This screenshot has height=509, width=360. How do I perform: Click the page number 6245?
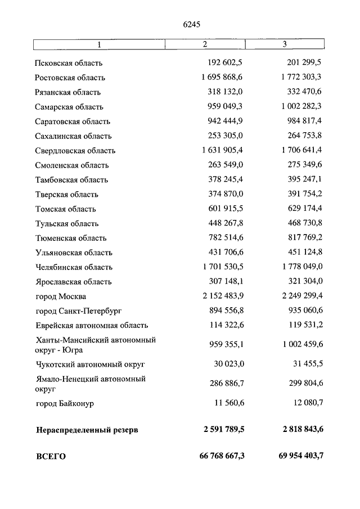192,24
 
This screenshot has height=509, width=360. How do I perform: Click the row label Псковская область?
68,63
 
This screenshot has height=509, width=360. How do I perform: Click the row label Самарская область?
69,107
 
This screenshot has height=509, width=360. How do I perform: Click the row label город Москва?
60,296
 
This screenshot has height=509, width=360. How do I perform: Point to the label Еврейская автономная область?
91,326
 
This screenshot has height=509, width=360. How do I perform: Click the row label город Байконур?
64,404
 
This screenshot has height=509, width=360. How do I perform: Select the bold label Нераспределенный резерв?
87,430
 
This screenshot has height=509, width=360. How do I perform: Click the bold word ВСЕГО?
50,457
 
